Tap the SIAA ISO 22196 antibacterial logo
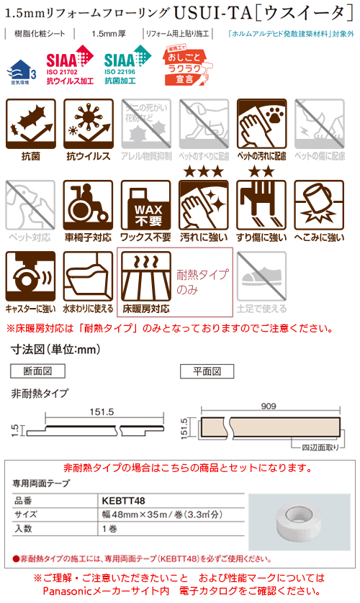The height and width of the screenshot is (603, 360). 128,68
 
